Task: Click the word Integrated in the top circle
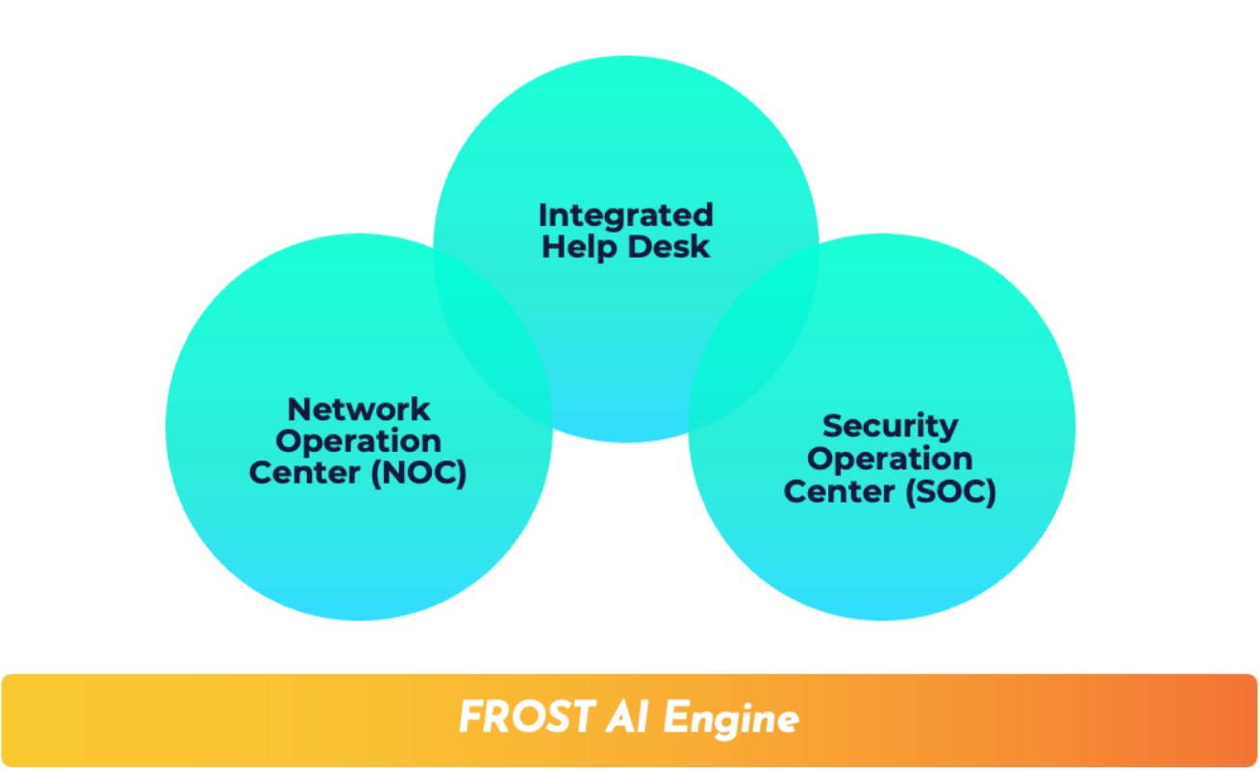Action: (625, 214)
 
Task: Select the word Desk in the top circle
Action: (665, 247)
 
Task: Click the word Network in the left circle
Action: (359, 410)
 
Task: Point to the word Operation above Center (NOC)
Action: (359, 442)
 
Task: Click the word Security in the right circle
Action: (890, 426)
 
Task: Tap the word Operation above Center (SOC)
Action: (890, 459)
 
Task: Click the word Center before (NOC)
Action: (305, 474)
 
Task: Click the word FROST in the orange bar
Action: (526, 717)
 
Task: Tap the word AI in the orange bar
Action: (627, 717)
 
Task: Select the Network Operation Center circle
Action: (359, 538)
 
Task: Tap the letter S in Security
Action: (833, 426)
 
